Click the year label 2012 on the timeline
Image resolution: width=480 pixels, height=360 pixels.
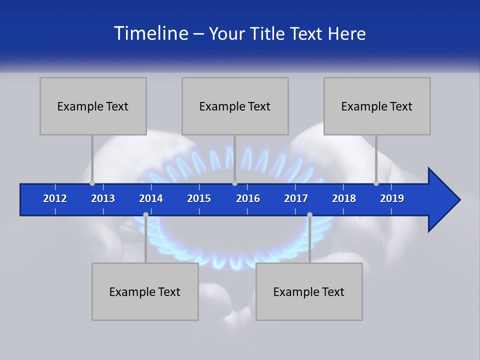pos(55,198)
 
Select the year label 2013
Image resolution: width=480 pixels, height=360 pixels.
pos(103,198)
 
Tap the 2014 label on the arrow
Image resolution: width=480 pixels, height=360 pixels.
pos(151,198)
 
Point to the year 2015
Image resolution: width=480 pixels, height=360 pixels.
pos(199,198)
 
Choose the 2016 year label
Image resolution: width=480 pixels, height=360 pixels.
pos(248,198)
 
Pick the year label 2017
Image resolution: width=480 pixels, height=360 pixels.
pos(296,198)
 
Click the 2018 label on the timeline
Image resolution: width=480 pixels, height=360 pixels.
pos(344,198)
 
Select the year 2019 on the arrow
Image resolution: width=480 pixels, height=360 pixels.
pos(392,198)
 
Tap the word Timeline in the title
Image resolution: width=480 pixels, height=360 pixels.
pos(150,33)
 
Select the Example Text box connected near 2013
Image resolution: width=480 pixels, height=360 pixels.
pos(93,106)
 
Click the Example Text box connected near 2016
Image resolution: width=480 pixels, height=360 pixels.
pos(235,106)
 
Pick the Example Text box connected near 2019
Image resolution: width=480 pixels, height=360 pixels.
pos(377,106)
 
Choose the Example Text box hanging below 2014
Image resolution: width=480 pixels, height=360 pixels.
pos(145,291)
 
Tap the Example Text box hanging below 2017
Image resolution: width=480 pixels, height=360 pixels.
pos(309,291)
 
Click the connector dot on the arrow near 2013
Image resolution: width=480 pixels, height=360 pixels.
pos(92,183)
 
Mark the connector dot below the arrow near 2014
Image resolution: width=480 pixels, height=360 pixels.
pos(145,214)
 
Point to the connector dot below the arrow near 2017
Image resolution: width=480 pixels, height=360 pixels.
pos(309,214)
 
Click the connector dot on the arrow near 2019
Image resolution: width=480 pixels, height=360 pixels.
pos(376,183)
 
